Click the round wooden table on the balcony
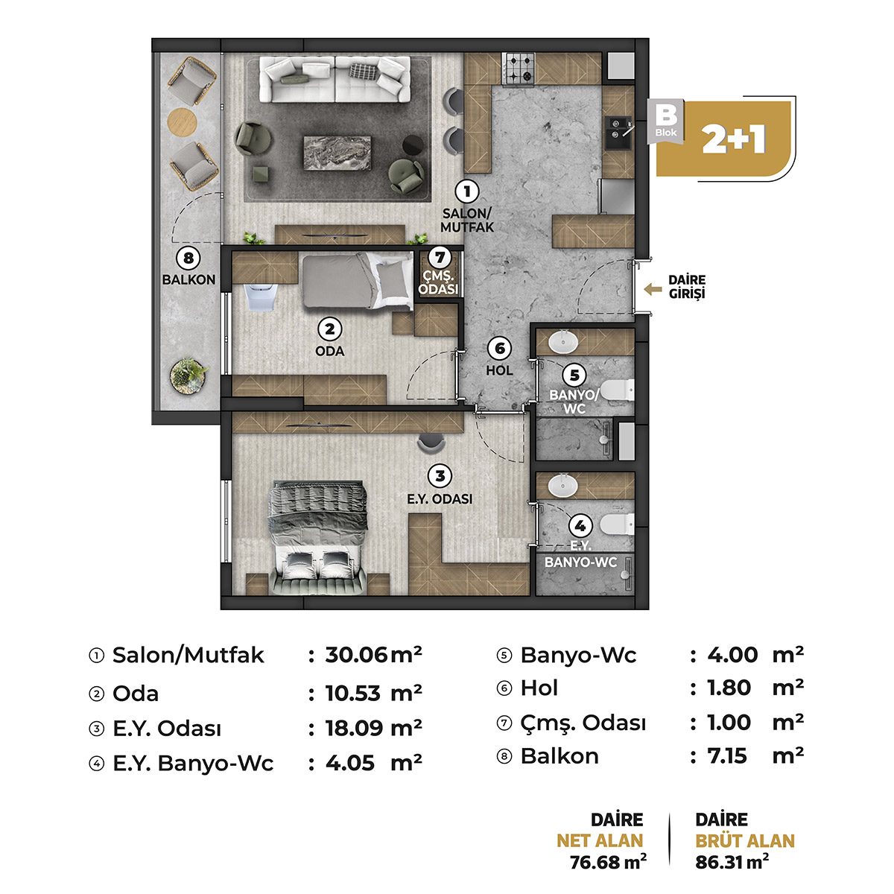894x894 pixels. [182, 121]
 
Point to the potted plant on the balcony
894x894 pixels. [188, 375]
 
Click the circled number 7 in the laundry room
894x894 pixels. [439, 257]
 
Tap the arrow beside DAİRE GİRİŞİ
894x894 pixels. [653, 290]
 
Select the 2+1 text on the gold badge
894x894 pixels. [733, 139]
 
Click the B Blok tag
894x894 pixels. [666, 120]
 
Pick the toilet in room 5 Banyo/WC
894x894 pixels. [618, 390]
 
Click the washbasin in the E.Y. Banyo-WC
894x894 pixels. [562, 486]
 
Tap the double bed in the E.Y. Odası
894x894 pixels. [318, 538]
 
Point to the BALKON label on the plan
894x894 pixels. [188, 280]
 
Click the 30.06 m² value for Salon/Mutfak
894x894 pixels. [373, 655]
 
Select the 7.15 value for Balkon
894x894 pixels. [727, 755]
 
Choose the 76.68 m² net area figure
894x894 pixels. [608, 862]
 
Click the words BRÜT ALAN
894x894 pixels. [744, 840]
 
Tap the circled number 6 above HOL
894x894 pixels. [500, 348]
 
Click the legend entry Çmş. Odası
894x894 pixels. [583, 723]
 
